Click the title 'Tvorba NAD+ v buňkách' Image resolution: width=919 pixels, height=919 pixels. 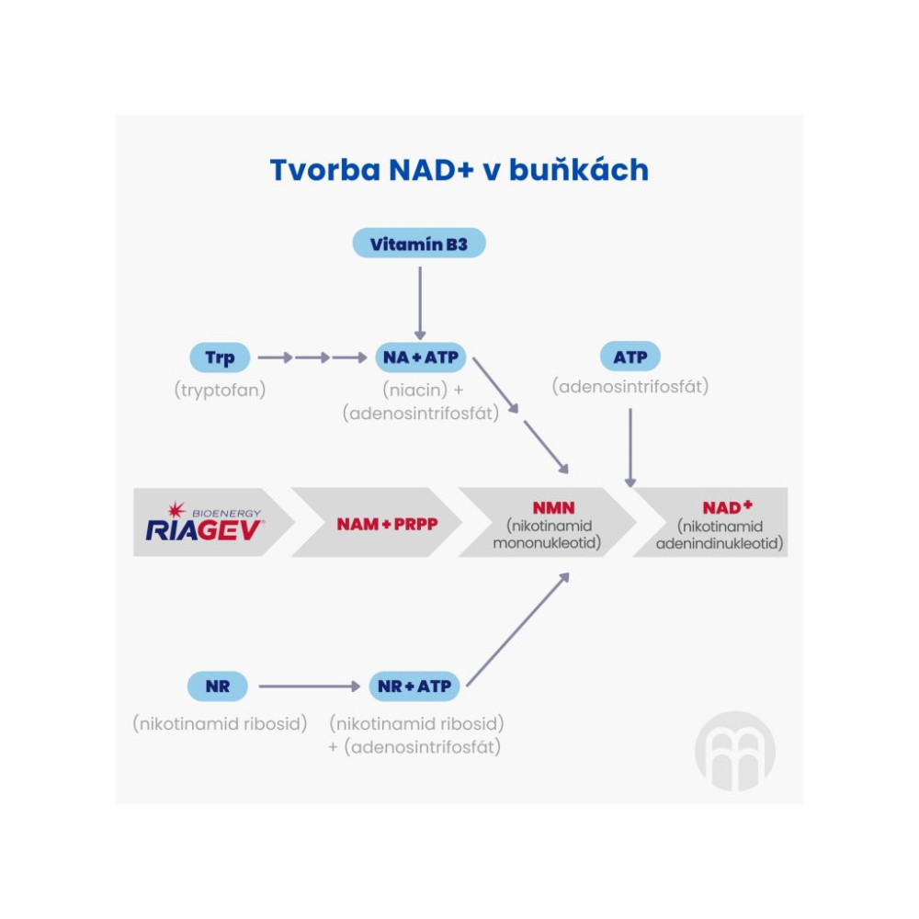coord(459,170)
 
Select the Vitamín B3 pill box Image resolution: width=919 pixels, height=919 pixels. coord(419,244)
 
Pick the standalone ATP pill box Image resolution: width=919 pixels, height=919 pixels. coord(630,357)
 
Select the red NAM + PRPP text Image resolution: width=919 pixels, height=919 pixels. coord(374,524)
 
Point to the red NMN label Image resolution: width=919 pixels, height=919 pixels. coord(548,507)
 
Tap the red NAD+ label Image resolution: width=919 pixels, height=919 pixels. coord(727,507)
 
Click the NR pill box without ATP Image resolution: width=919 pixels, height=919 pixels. coord(218,686)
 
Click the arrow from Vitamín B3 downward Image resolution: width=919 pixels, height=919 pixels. coord(419,302)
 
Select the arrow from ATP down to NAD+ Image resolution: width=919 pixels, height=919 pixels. coord(630,446)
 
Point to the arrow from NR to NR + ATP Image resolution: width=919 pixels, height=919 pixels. coord(309,686)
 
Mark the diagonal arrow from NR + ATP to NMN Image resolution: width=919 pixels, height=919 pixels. coord(517,630)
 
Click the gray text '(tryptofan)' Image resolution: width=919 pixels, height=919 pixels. coord(220,390)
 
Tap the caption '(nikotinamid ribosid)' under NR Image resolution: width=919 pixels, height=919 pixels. coord(220,723)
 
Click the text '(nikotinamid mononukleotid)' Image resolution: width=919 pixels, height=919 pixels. coord(548,535)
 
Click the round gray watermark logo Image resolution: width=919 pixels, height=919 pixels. coord(734,750)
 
